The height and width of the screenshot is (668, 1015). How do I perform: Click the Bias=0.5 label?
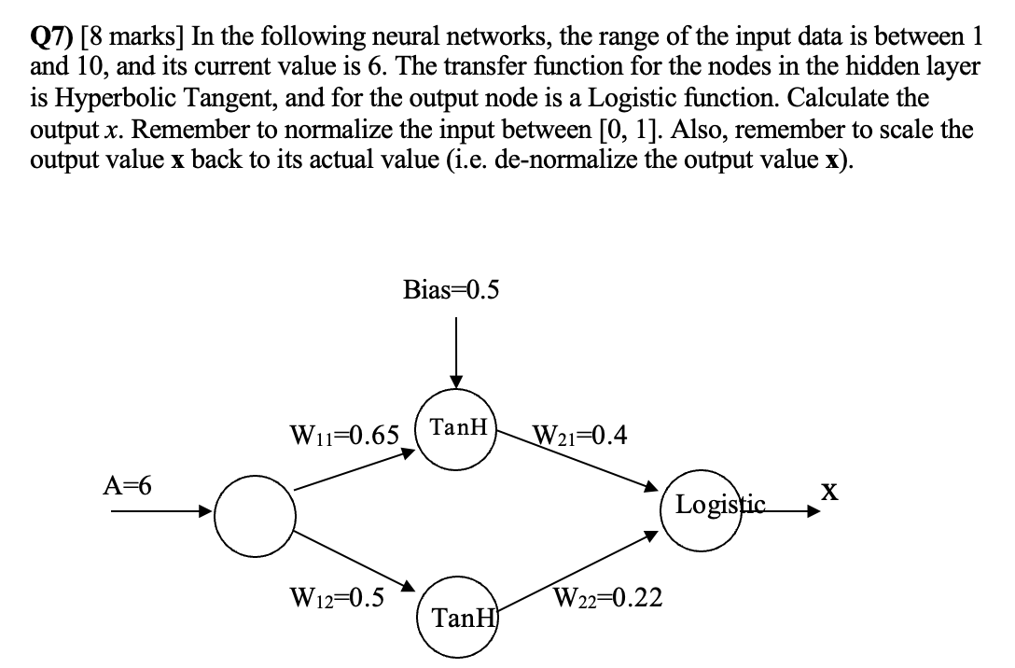451,289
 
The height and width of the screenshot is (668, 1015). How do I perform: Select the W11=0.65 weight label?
345,435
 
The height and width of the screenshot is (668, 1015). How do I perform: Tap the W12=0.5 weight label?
337,597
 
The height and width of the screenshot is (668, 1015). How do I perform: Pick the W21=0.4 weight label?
578,435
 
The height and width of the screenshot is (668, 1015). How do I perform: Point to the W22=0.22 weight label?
607,597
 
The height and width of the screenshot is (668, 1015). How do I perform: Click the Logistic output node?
714,507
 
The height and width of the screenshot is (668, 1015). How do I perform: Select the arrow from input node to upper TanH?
355,470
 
